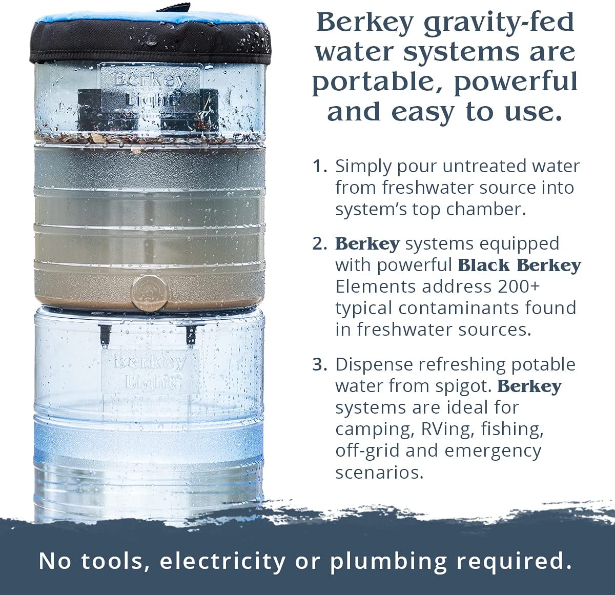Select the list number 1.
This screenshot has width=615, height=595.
[320, 167]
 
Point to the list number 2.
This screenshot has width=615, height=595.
[320, 244]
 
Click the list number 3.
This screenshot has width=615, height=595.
[320, 365]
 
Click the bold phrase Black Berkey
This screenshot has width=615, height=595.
[519, 265]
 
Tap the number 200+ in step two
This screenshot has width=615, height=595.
[519, 286]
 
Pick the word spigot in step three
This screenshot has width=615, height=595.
[464, 386]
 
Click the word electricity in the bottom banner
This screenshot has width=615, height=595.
[223, 561]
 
